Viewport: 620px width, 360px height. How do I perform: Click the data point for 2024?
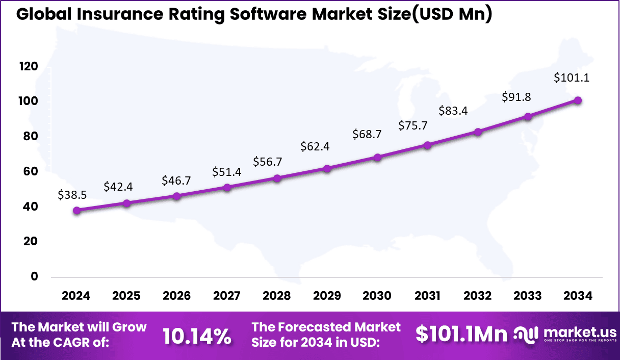tap(76, 210)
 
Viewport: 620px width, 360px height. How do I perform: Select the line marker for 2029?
tap(327, 168)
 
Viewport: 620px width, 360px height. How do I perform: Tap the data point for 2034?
tap(578, 100)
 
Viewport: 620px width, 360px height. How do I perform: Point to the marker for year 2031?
tap(427, 145)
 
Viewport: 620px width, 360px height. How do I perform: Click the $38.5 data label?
tap(72, 194)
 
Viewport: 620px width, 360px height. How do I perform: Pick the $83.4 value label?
tap(453, 111)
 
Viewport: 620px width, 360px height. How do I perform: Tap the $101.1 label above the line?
tap(572, 78)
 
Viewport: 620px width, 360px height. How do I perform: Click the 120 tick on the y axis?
tap(29, 66)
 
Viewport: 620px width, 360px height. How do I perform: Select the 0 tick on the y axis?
tap(35, 276)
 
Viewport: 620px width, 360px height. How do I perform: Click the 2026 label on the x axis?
tap(176, 296)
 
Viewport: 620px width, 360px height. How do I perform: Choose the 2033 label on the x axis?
tap(528, 296)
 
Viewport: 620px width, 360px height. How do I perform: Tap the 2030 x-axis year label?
tap(377, 296)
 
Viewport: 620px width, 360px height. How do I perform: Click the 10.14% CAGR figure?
tap(197, 336)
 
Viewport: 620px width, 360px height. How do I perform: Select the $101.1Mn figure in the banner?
tap(461, 334)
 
